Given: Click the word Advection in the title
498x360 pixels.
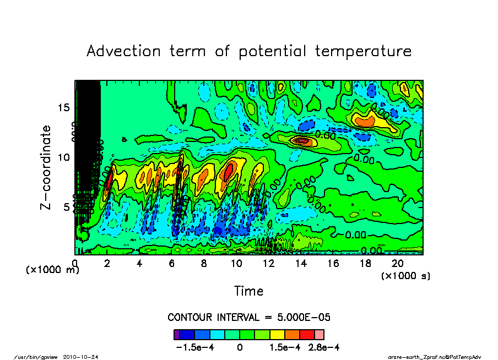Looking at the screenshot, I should tap(124, 51).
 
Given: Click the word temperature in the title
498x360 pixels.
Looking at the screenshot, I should tap(363, 52).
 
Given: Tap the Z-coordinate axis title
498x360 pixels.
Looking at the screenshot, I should tap(46, 167).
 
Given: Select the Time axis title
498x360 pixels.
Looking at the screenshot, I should tap(248, 291).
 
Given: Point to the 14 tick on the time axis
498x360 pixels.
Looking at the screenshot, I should tap(301, 264).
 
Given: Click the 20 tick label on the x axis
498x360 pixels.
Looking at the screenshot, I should tap(398, 264).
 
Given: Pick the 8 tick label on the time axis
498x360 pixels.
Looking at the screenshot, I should tap(204, 264).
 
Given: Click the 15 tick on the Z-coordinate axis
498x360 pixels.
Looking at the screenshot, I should tap(64, 107).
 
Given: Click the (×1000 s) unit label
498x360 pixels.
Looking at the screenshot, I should tap(405, 276).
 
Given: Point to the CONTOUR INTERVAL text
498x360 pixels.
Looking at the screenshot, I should tap(248, 318).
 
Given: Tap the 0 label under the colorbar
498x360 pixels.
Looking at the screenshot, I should tap(240, 347).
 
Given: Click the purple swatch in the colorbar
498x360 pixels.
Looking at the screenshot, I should tap(177, 334).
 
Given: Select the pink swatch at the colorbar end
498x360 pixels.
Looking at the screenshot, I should tap(319, 334).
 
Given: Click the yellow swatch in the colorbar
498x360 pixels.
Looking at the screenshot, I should tap(277, 334).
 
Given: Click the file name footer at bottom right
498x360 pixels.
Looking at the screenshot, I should tap(435, 357).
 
